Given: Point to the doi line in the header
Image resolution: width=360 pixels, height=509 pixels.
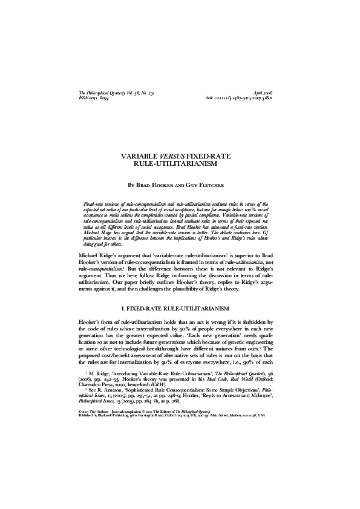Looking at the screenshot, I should [x=248, y=96].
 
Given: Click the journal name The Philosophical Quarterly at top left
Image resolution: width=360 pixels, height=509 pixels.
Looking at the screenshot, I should [x=109, y=90].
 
